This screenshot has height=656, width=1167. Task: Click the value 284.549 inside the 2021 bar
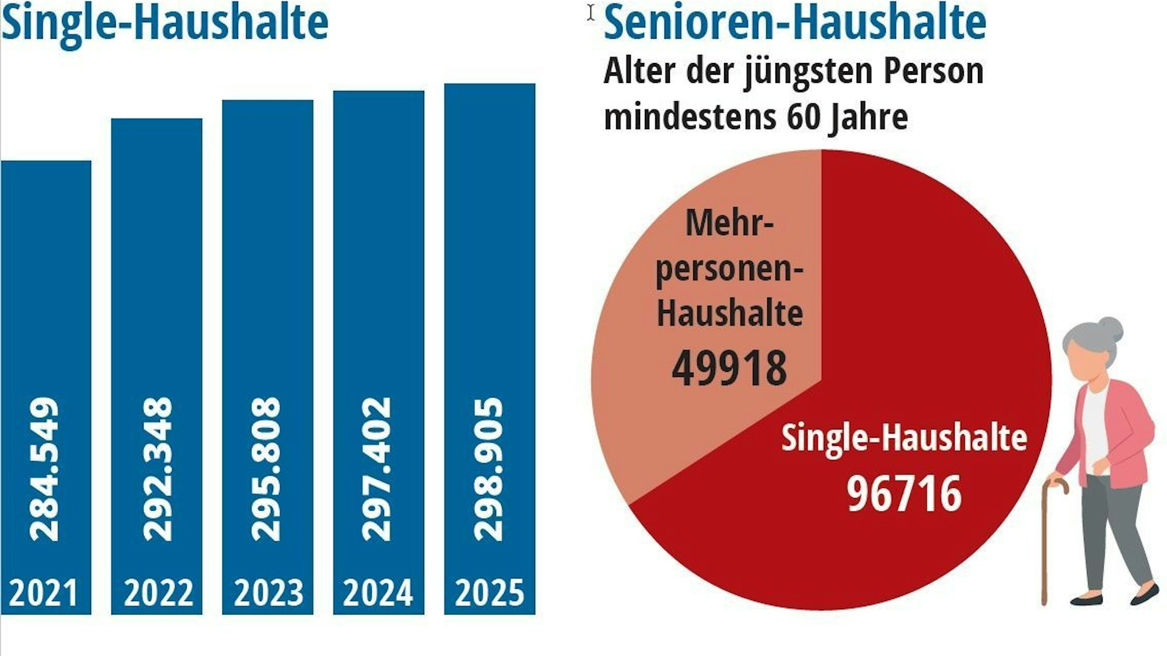coord(44,470)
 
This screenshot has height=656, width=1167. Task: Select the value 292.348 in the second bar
coord(158,470)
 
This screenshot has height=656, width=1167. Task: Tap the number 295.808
coord(266,470)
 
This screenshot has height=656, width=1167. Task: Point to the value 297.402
coord(377,470)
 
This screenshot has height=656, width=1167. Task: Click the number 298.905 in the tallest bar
coord(488,470)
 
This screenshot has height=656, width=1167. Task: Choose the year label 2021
coord(44,593)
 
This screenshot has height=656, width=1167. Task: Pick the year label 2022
coord(158,593)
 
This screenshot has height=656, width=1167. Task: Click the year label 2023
coord(268,593)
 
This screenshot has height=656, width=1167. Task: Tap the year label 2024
coord(378,593)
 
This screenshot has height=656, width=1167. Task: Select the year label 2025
coord(490,593)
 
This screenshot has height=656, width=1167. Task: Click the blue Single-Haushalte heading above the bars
coord(165,23)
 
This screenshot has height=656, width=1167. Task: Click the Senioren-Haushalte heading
coord(795,23)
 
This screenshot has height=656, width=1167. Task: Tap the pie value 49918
coord(729,368)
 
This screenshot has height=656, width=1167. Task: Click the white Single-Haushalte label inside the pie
coord(904,438)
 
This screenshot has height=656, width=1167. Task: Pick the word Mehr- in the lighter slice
coord(729,224)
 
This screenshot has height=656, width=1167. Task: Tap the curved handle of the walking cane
coord(1057,485)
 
